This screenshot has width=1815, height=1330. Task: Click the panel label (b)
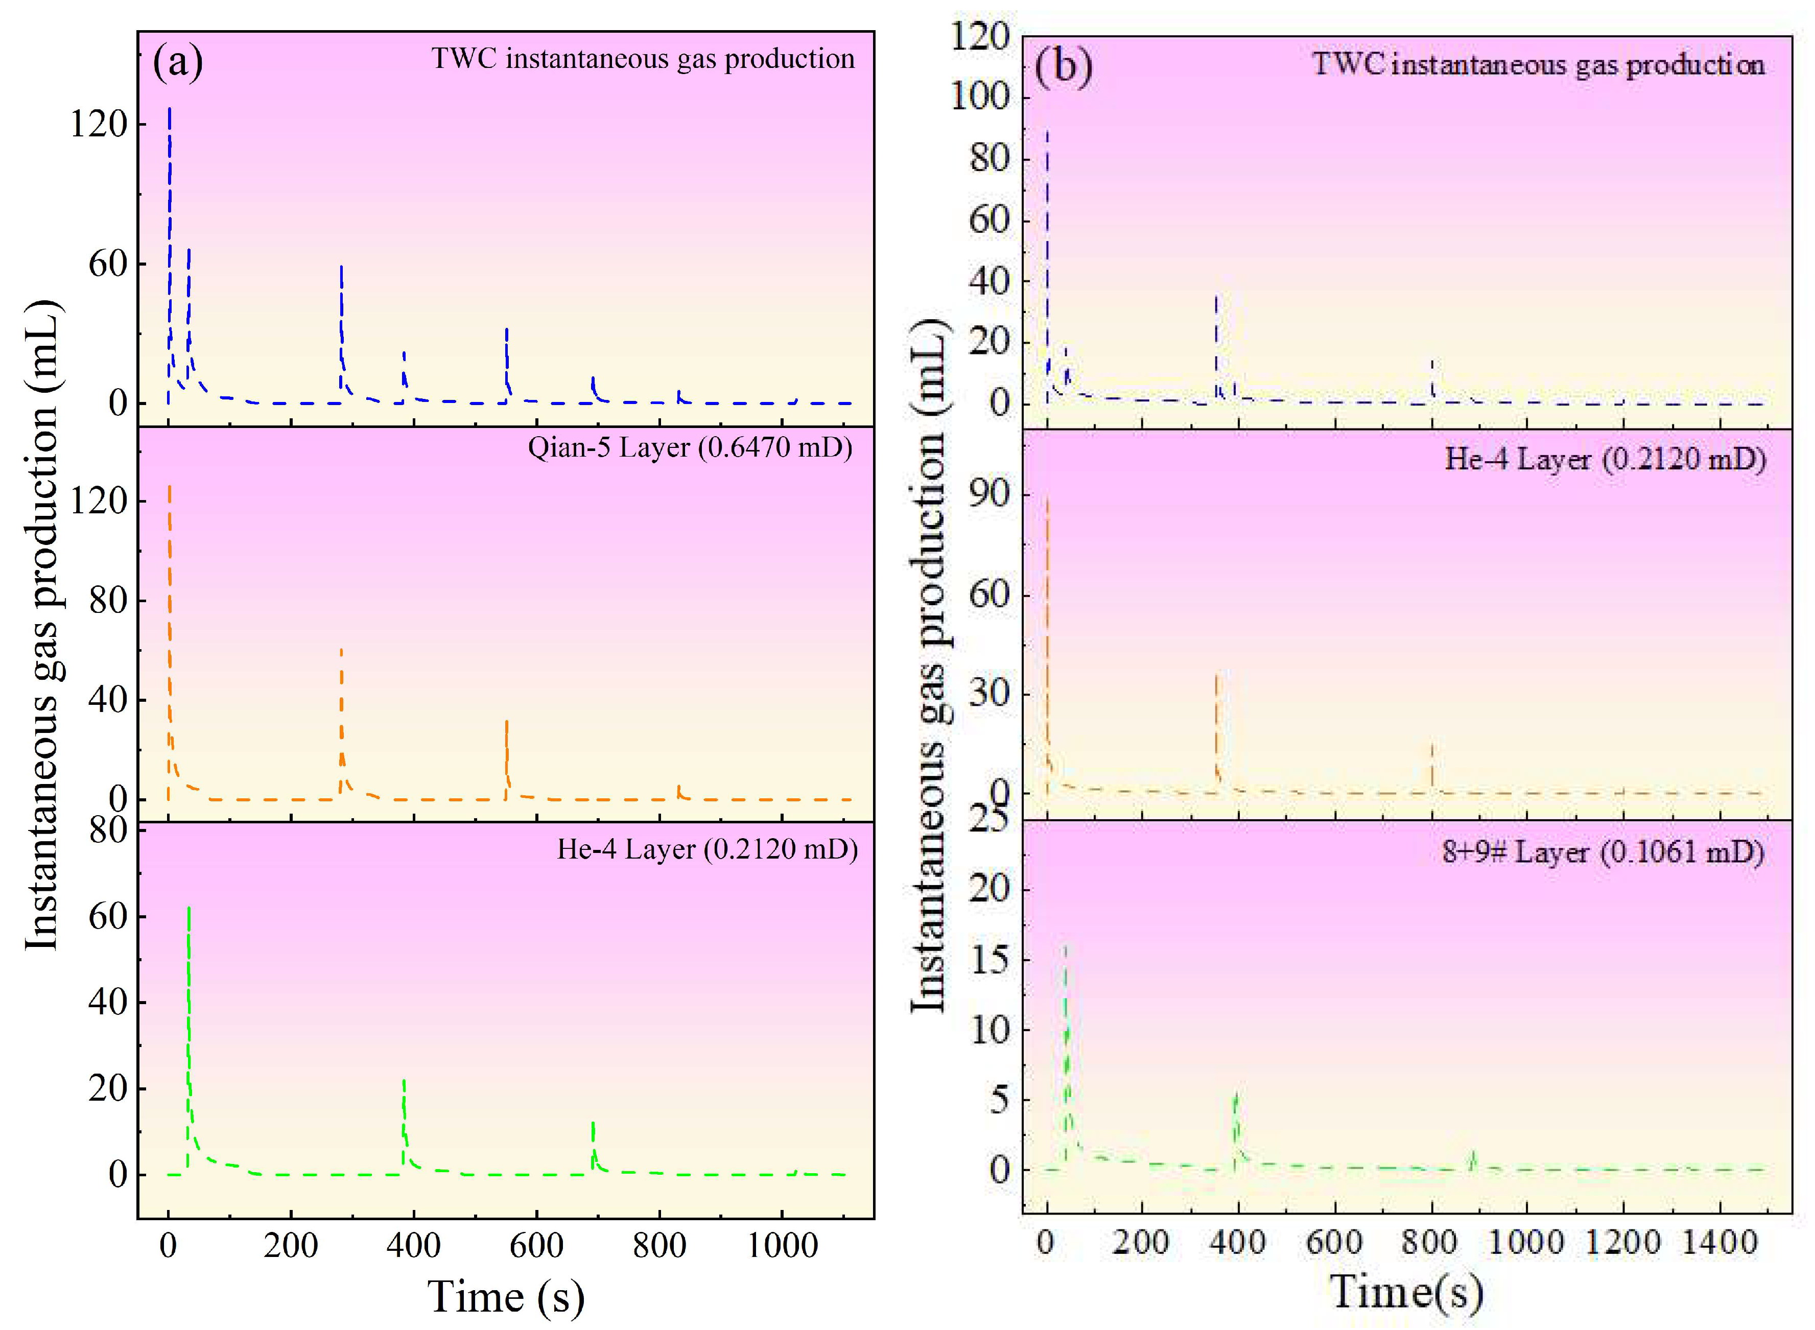click(1064, 66)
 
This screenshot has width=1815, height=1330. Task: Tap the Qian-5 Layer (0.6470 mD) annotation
click(690, 447)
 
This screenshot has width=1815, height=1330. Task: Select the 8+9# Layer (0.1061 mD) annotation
click(1602, 852)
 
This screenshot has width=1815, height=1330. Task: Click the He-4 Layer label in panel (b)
click(1605, 459)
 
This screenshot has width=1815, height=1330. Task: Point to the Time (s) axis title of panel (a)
click(506, 1296)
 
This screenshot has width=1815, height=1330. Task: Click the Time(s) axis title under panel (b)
click(1405, 1291)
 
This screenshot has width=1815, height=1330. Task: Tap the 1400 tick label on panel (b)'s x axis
click(1720, 1242)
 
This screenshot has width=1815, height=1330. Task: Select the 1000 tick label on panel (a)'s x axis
click(782, 1245)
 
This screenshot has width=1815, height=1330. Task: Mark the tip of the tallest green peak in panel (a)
click(188, 908)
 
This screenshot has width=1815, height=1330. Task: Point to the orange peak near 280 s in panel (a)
click(341, 649)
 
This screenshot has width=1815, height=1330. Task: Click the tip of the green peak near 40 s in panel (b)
click(1065, 947)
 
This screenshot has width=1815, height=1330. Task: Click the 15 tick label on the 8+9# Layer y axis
click(989, 959)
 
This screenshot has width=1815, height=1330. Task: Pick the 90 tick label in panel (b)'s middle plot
click(989, 493)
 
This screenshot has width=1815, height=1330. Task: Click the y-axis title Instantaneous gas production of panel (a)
click(42, 624)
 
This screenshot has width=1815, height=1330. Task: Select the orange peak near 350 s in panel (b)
click(1216, 675)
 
